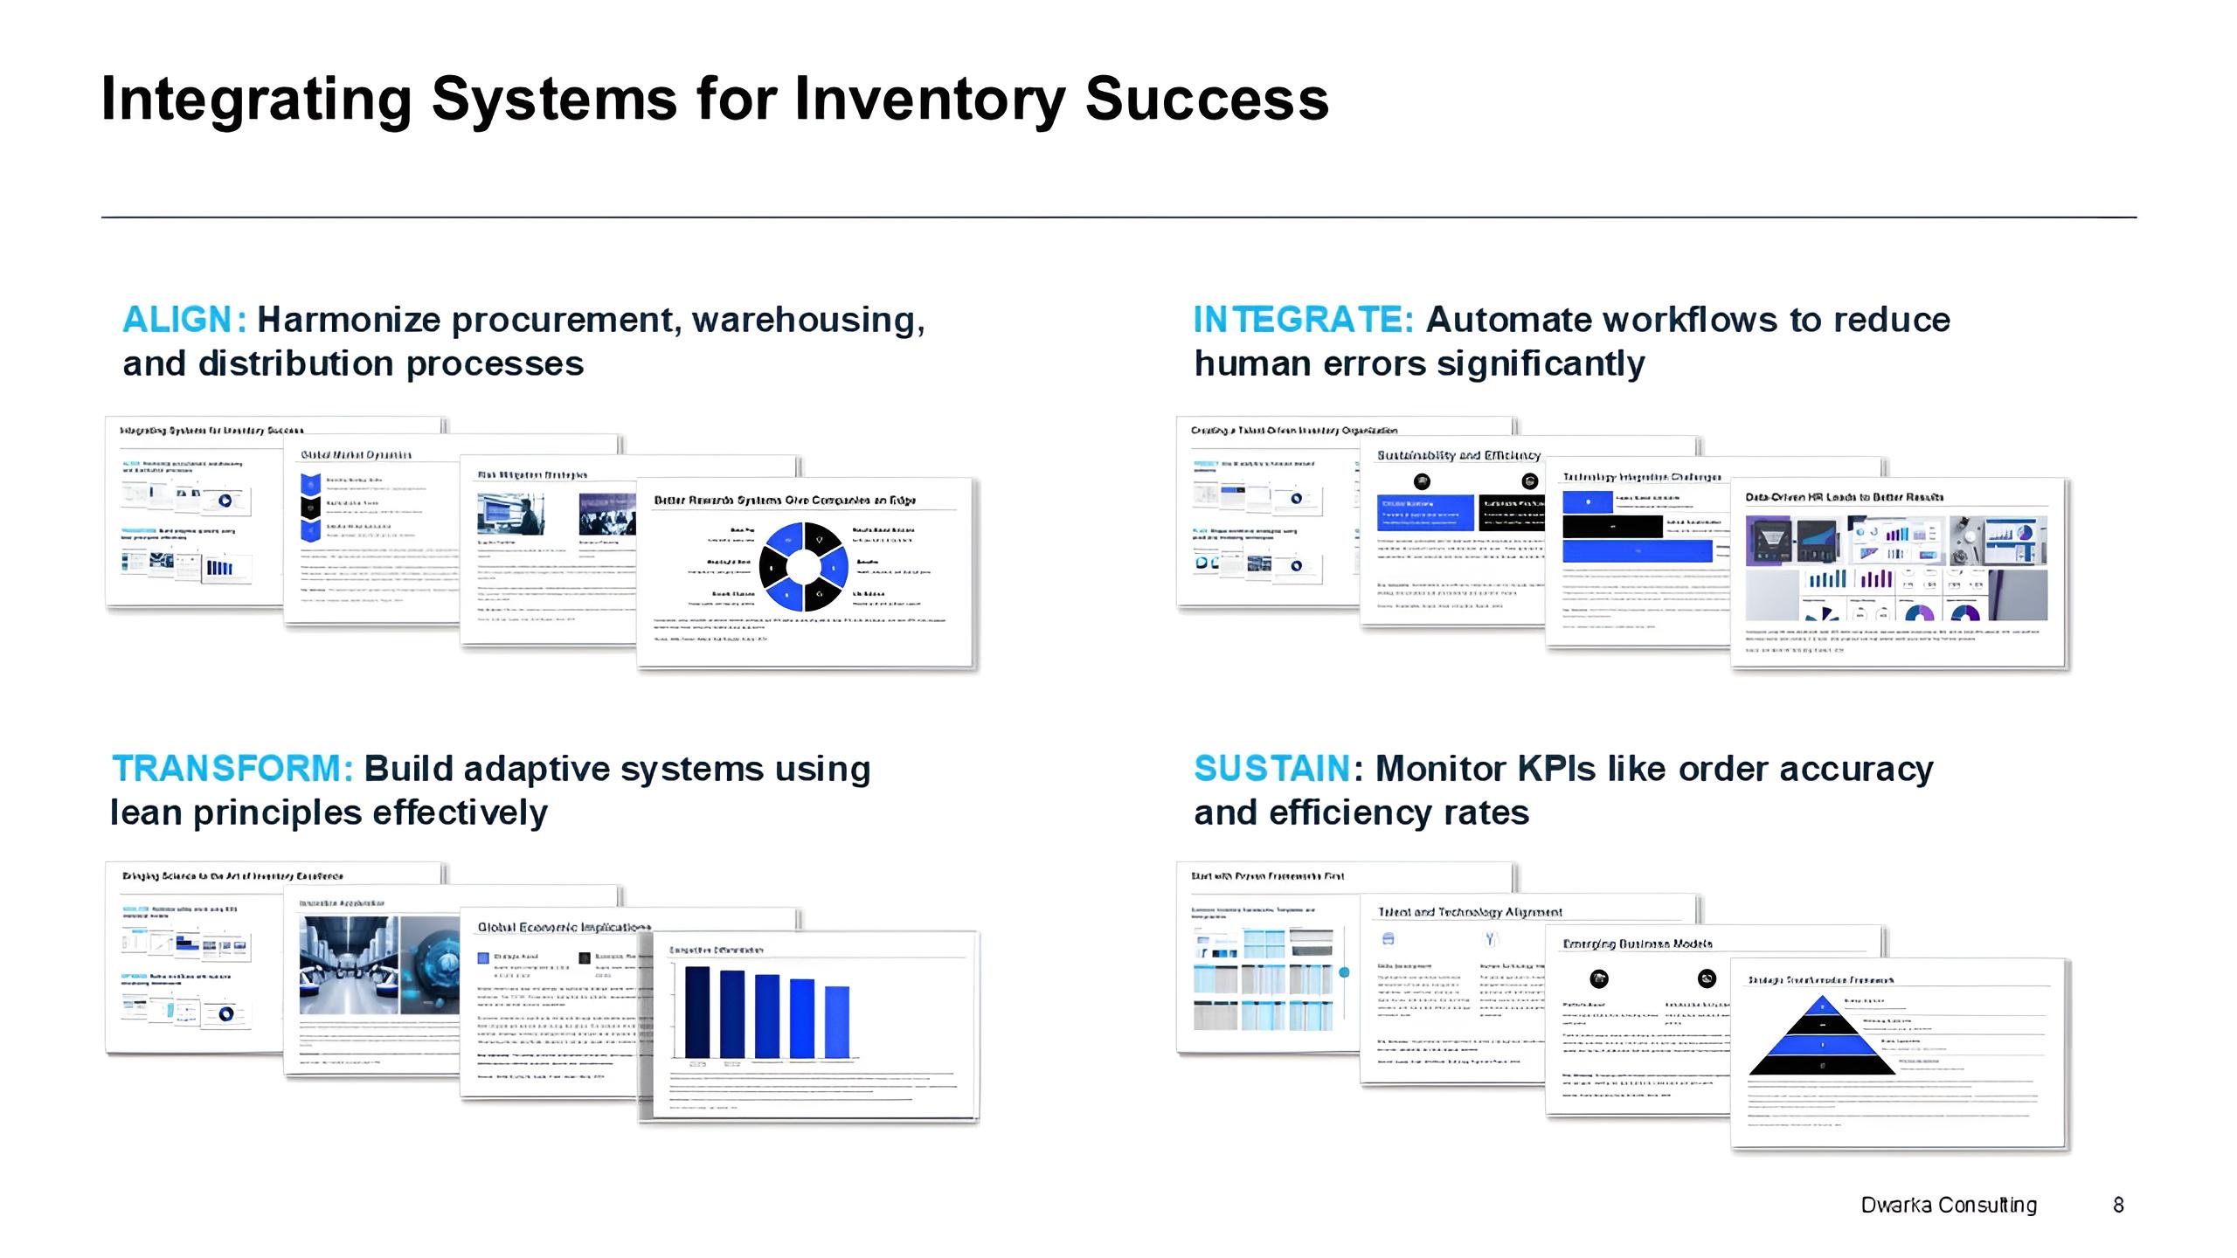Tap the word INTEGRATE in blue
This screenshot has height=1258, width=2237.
pyautogui.click(x=1302, y=320)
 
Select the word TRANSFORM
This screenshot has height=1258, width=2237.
pyautogui.click(x=232, y=769)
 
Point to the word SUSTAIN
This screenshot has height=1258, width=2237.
pyautogui.click(x=1271, y=769)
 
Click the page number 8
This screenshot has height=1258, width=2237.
pyautogui.click(x=2118, y=1205)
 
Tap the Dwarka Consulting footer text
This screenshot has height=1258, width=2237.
pyautogui.click(x=1948, y=1205)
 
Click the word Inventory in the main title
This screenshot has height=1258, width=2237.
pyautogui.click(x=930, y=98)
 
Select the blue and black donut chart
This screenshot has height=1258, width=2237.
pyautogui.click(x=803, y=567)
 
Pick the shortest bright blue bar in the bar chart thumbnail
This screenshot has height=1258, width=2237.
pyautogui.click(x=836, y=1021)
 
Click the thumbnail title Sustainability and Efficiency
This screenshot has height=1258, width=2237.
pyautogui.click(x=1458, y=455)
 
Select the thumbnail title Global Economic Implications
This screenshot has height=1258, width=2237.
pyautogui.click(x=564, y=927)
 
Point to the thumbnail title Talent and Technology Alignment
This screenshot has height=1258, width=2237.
pyautogui.click(x=1469, y=912)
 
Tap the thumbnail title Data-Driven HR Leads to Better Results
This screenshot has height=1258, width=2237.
pyautogui.click(x=1844, y=497)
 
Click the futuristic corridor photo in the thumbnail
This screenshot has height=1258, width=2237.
pyautogui.click(x=349, y=964)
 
